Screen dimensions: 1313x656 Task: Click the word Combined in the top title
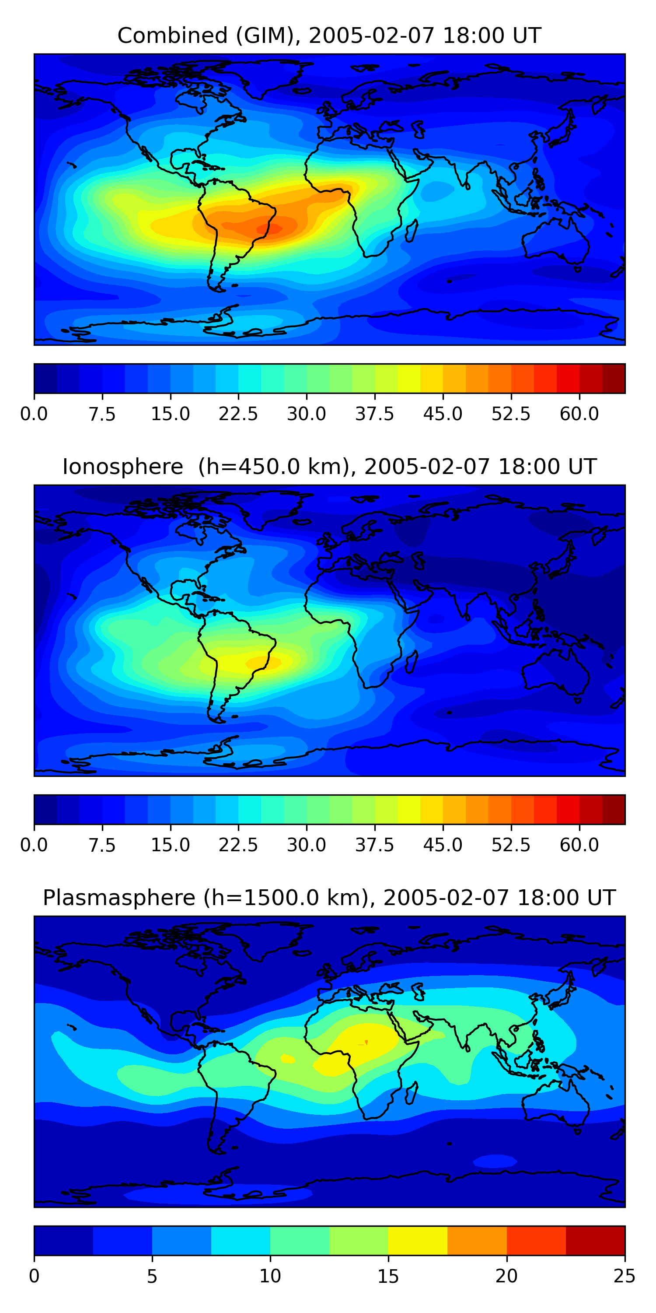coord(172,36)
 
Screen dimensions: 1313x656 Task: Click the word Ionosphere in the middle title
coord(122,467)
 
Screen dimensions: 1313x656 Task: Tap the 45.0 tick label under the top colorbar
coord(443,414)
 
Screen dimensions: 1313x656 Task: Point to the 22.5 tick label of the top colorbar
coord(238,414)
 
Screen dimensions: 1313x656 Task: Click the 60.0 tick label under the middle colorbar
coord(579,845)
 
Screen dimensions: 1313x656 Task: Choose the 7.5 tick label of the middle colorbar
coord(102,845)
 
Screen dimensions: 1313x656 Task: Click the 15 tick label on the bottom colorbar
coord(388,1276)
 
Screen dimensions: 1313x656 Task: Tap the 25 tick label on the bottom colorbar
coord(624,1276)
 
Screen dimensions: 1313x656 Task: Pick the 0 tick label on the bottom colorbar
coord(34,1276)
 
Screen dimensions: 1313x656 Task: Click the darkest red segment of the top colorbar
coord(613,378)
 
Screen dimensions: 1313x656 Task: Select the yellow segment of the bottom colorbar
coord(418,1240)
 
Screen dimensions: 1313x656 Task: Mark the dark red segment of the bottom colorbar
coord(595,1240)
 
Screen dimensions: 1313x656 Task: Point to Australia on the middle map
coord(555,673)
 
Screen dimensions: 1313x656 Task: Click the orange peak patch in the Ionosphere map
coord(263,662)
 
